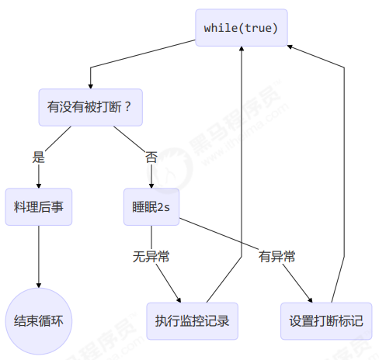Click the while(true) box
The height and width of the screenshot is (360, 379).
[242, 28]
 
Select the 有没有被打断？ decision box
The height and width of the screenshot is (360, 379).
[91, 107]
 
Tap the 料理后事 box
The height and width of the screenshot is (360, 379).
[39, 207]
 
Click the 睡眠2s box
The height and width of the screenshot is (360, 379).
[151, 207]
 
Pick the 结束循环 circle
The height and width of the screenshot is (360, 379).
[39, 321]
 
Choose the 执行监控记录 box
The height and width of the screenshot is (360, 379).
[192, 321]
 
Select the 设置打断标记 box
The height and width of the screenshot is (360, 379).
[326, 321]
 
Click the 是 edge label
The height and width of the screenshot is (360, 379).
[39, 157]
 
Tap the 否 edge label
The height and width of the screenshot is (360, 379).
[151, 157]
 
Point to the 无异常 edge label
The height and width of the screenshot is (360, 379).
[151, 257]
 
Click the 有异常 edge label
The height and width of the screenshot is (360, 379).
[276, 257]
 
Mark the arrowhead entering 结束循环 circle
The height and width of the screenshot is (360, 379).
[39, 286]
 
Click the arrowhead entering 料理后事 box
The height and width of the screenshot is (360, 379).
[39, 186]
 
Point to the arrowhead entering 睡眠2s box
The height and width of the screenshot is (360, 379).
[151, 186]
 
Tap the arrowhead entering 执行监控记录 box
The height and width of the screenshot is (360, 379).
[179, 300]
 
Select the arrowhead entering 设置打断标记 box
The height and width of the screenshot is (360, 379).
[311, 300]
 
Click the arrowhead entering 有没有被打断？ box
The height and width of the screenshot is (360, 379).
[91, 86]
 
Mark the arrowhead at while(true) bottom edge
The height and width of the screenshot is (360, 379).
[242, 49]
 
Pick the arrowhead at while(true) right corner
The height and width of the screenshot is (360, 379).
[290, 47]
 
